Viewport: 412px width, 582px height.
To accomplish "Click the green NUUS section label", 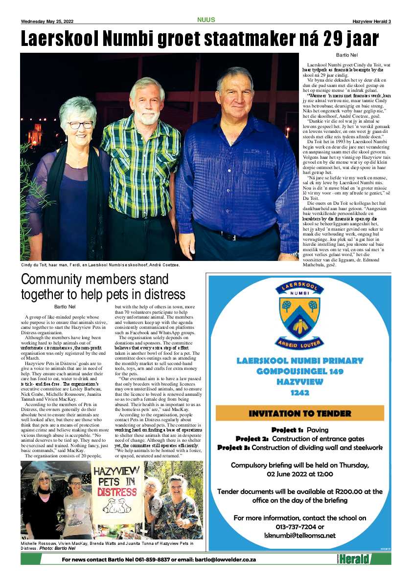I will coord(206,20).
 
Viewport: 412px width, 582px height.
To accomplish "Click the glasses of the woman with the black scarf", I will coord(79,125).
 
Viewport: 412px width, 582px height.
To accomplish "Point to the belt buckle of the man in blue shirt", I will coord(227,236).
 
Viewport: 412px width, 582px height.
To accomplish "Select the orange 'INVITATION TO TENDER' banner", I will coord(300,413).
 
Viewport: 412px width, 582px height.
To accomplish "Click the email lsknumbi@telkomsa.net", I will coord(300,535).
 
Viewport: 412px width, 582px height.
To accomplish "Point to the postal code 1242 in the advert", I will coord(300,393).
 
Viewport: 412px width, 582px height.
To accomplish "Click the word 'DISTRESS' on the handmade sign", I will coord(117,491).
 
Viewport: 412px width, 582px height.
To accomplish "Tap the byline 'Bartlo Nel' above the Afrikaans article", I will coord(347,55).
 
